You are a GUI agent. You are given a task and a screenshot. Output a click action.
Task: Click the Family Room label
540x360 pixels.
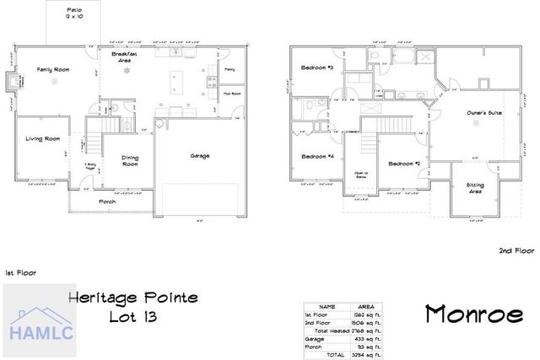click(x=52, y=71)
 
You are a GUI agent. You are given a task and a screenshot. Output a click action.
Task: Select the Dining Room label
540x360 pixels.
click(x=130, y=160)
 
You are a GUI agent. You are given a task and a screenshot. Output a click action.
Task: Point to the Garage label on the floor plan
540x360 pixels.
click(x=201, y=155)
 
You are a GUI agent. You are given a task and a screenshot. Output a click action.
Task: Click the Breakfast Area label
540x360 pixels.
click(x=129, y=56)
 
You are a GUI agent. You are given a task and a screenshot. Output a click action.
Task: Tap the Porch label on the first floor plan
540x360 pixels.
click(x=108, y=202)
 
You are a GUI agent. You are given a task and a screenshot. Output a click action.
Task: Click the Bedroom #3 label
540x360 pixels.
click(x=319, y=67)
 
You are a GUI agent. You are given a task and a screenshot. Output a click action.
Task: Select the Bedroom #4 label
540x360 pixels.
click(x=319, y=157)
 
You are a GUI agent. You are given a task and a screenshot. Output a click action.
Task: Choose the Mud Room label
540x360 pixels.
click(x=231, y=93)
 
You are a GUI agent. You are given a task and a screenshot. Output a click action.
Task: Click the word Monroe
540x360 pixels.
click(x=473, y=314)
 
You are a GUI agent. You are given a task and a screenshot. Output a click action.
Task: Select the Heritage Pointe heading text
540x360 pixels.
click(x=133, y=298)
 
